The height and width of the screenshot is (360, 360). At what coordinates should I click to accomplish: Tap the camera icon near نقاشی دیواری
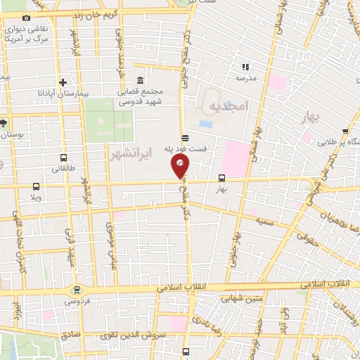[27, 18]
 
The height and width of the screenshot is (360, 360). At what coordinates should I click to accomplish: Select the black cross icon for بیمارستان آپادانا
[63, 82]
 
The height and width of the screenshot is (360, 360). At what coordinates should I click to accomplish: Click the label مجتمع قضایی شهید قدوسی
[140, 96]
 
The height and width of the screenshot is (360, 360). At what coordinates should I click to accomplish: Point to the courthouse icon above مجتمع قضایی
[140, 79]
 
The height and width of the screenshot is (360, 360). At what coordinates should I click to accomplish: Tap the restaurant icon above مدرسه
[245, 67]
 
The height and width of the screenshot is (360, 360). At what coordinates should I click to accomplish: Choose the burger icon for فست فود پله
[184, 138]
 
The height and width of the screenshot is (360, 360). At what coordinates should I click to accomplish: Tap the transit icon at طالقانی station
[64, 157]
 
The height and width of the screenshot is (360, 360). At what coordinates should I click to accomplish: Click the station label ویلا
[37, 198]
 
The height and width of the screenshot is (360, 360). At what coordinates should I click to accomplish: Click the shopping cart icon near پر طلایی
[345, 131]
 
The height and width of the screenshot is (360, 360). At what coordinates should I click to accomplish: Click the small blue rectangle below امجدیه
[206, 124]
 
